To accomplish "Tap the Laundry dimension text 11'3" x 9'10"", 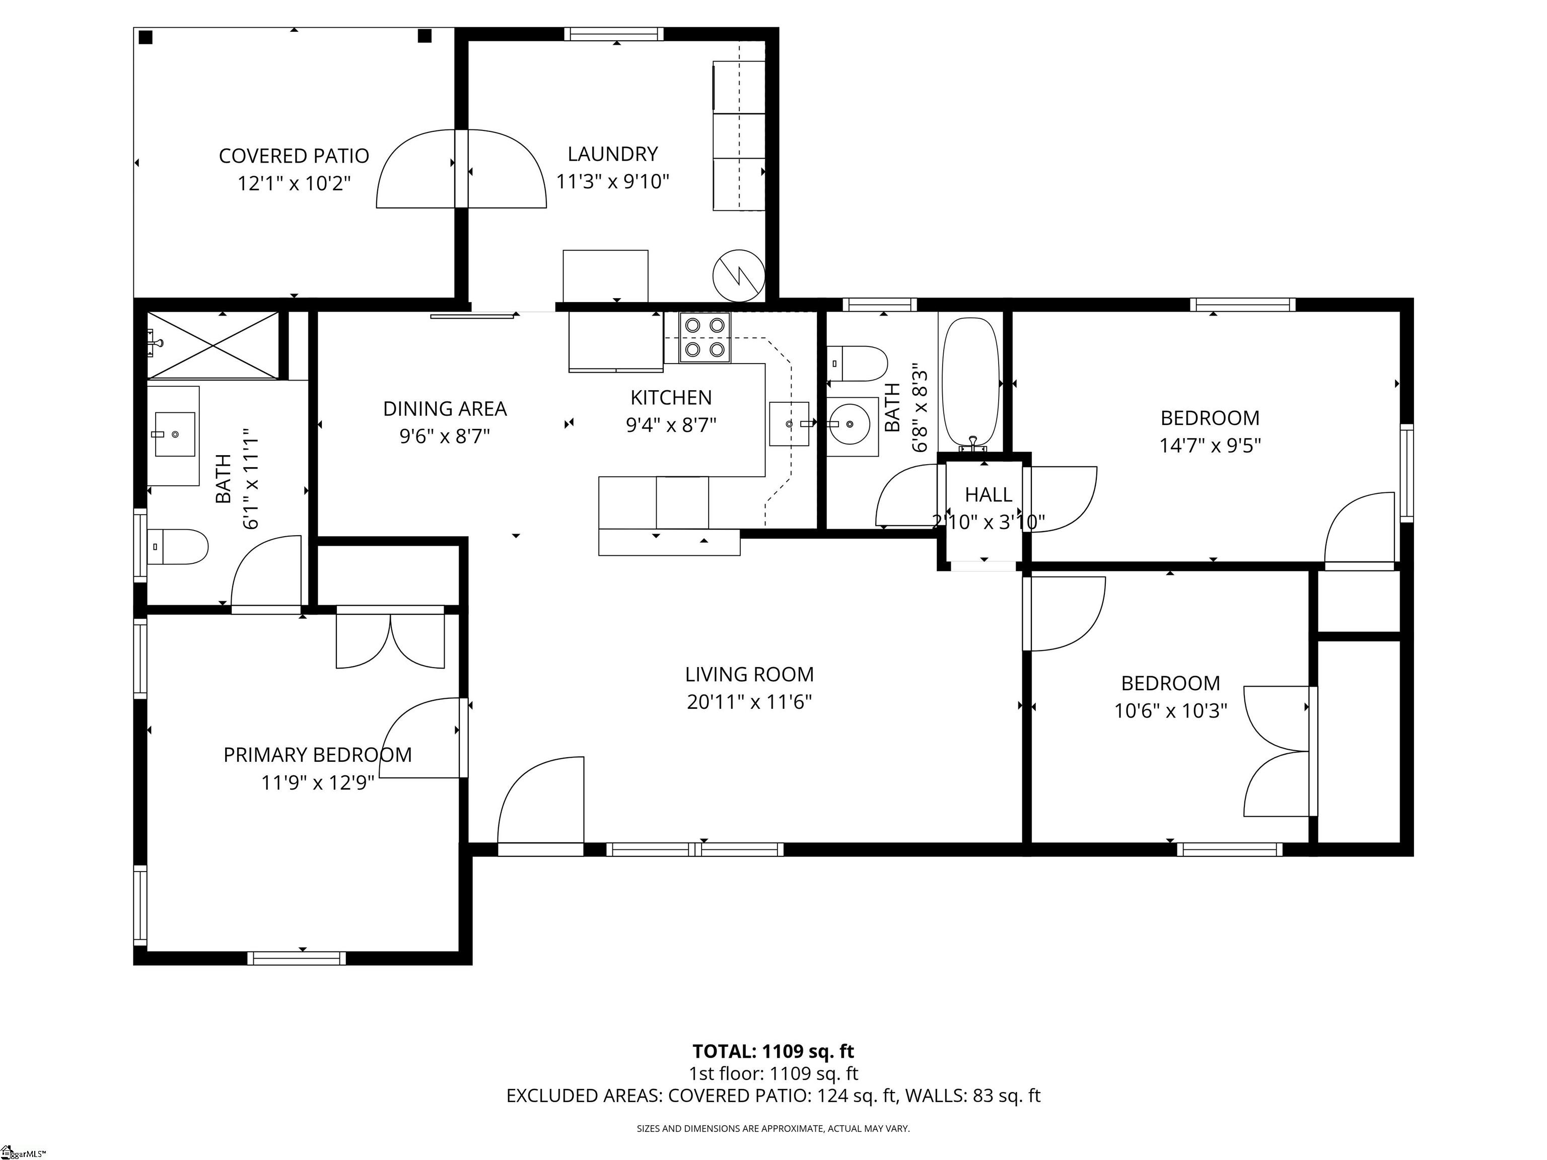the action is point(613,182).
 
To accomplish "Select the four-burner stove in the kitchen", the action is point(705,338).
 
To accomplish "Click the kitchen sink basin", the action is point(790,424).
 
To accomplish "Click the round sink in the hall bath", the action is point(851,424).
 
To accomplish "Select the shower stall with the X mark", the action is point(213,345).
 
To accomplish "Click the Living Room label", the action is point(749,675).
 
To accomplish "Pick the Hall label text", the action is point(988,495).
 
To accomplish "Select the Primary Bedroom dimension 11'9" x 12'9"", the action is point(318,782).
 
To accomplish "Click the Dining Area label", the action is point(445,408).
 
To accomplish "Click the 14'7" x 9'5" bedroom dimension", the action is point(1210,446).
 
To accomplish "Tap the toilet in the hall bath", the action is point(858,364).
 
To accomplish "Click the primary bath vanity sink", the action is point(173,435).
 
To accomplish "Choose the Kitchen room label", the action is point(671,398).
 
